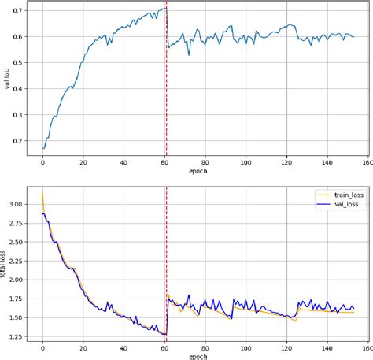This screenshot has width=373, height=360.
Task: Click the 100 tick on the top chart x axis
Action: pyautogui.click(x=246, y=162)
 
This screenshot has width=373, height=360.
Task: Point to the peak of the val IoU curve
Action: pyautogui.click(x=165, y=8)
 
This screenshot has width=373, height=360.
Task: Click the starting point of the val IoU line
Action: pyautogui.click(x=42, y=147)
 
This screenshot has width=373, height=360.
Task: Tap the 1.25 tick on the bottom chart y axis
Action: pyautogui.click(x=19, y=336)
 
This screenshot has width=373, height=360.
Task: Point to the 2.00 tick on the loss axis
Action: pyautogui.click(x=19, y=280)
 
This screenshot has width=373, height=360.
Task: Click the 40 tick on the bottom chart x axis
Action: pyautogui.click(x=124, y=347)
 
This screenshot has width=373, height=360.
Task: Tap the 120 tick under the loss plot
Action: pyautogui.click(x=286, y=347)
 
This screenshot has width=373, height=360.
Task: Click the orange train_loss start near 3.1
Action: pyautogui.click(x=42, y=194)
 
